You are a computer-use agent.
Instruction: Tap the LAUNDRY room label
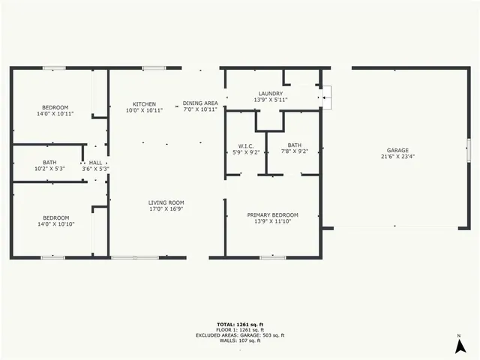pyautogui.click(x=271, y=94)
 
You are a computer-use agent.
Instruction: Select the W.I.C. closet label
pyautogui.click(x=246, y=145)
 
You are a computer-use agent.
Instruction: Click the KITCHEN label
pyautogui.click(x=145, y=103)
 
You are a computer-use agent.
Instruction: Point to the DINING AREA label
pyautogui.click(x=200, y=103)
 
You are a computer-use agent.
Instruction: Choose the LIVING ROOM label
pyautogui.click(x=166, y=202)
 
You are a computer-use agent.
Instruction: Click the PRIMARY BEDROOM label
pyautogui.click(x=273, y=215)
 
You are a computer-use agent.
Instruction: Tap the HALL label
pyautogui.click(x=95, y=163)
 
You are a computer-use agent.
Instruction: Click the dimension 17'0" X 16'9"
pyautogui.click(x=166, y=209)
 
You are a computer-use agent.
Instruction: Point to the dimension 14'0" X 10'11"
pyautogui.click(x=55, y=114)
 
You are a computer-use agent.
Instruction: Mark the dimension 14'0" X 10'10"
pyautogui.click(x=55, y=224)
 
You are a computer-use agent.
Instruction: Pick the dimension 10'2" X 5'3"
pyautogui.click(x=49, y=169)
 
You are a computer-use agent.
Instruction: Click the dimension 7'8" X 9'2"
pyautogui.click(x=294, y=152)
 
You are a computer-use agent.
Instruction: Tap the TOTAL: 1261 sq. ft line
pyautogui.click(x=240, y=323)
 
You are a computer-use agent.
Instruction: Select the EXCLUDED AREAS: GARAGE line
pyautogui.click(x=240, y=335)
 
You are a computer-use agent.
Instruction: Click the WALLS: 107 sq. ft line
pyautogui.click(x=240, y=341)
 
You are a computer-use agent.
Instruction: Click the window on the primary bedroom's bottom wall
pyautogui.click(x=272, y=257)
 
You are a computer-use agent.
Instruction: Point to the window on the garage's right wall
pyautogui.click(x=467, y=151)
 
